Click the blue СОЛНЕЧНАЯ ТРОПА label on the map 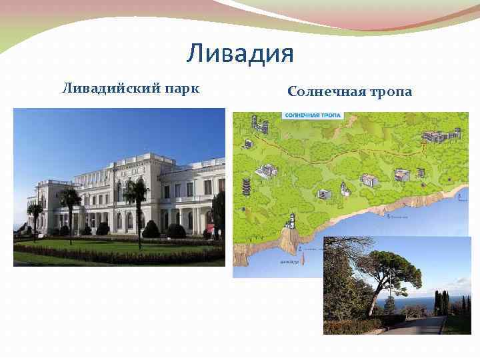point(313,115)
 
